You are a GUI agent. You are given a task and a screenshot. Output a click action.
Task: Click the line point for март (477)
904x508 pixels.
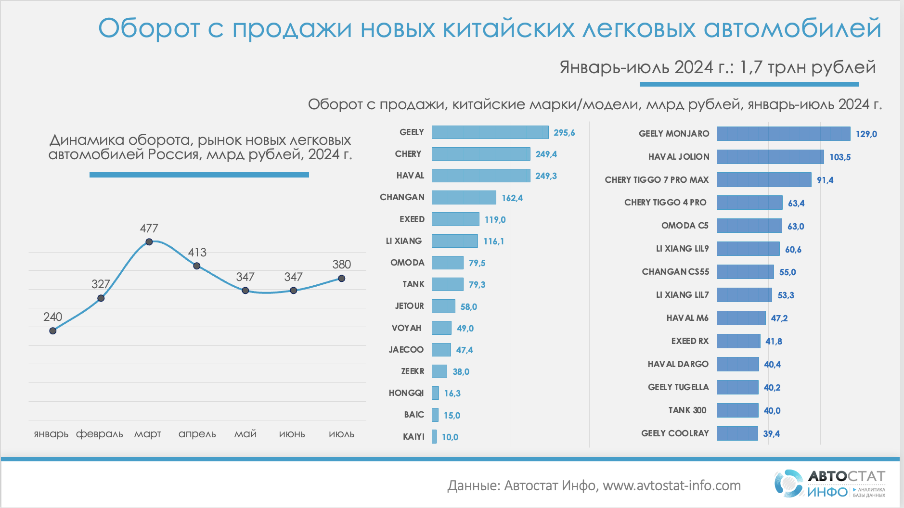pyautogui.click(x=149, y=242)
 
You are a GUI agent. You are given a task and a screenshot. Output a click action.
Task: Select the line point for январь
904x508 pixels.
pyautogui.click(x=53, y=330)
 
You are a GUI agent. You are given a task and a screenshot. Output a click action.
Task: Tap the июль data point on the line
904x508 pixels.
pyautogui.click(x=341, y=278)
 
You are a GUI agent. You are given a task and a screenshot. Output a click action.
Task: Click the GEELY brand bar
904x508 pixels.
pyautogui.click(x=490, y=132)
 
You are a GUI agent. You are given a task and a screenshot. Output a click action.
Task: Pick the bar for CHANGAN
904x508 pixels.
pyautogui.click(x=464, y=197)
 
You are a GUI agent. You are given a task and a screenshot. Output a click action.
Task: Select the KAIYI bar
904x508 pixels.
pyautogui.click(x=434, y=437)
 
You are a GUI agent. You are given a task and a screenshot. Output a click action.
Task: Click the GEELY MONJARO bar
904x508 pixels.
pyautogui.click(x=783, y=134)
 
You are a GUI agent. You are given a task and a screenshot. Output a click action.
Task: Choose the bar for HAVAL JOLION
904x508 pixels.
pyautogui.click(x=770, y=157)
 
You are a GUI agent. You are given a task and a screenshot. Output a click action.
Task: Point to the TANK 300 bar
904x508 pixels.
pyautogui.click(x=737, y=410)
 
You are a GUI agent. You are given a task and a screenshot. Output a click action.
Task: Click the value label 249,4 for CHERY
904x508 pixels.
pyautogui.click(x=546, y=154)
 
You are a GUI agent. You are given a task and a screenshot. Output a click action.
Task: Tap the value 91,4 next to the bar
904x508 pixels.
pyautogui.click(x=825, y=180)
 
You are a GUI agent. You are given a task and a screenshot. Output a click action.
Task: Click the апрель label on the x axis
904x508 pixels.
pyautogui.click(x=197, y=434)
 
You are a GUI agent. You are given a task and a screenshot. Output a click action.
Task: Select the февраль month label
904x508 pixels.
pyautogui.click(x=100, y=434)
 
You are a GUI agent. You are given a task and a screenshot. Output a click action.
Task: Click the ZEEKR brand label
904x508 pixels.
pyautogui.click(x=413, y=371)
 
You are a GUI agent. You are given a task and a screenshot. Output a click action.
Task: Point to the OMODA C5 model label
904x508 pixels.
pyautogui.click(x=684, y=226)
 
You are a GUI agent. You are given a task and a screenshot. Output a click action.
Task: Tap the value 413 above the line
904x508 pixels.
pyautogui.click(x=197, y=253)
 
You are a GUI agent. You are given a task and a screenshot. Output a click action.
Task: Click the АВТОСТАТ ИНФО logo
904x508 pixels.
pyautogui.click(x=829, y=484)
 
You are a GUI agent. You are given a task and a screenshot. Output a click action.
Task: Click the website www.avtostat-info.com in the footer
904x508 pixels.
pyautogui.click(x=672, y=486)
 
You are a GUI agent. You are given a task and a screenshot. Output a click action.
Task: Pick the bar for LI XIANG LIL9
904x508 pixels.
pyautogui.click(x=748, y=249)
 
